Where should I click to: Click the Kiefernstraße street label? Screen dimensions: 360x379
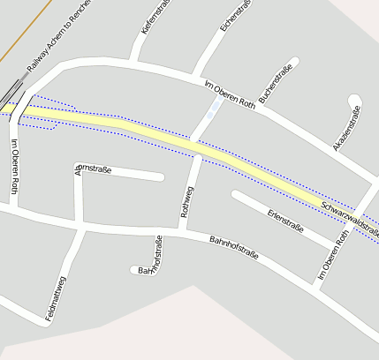pos(156,19)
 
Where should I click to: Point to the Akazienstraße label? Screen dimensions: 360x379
pos(346,128)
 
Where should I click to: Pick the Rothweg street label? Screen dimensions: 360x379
pos(186,202)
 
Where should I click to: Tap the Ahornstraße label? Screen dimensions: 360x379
pos(94,169)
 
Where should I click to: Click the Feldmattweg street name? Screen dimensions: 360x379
pos(56,297)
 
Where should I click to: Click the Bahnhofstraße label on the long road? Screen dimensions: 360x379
pos(233,247)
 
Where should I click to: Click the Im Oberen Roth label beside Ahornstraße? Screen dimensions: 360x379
pos(15,167)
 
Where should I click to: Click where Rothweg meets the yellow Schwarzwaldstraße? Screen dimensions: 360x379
pos(193,143)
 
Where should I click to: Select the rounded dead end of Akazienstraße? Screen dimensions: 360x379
pos(355,100)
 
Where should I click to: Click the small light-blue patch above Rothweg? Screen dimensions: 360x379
pos(212,109)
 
